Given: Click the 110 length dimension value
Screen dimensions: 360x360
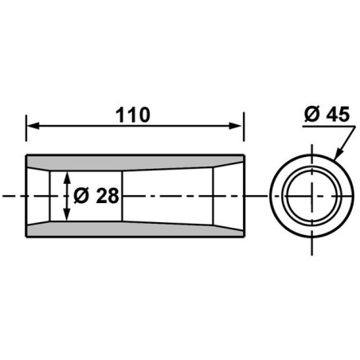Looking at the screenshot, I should tap(131, 115).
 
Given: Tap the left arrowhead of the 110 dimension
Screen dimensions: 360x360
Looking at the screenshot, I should tap(31, 126).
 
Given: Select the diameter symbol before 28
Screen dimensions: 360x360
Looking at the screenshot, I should tap(80, 196).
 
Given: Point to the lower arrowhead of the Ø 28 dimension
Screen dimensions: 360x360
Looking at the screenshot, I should tap(65, 217).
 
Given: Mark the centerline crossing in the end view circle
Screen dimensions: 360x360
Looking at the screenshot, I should tap(311, 195).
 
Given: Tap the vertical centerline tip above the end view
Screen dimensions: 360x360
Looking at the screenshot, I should tap(311, 143).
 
